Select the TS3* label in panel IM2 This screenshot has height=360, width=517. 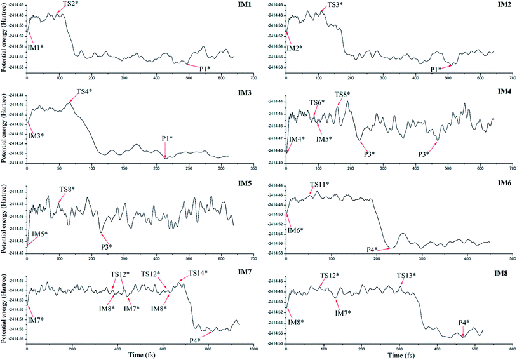click(x=335, y=5)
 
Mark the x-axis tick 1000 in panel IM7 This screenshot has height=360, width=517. click(x=253, y=349)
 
